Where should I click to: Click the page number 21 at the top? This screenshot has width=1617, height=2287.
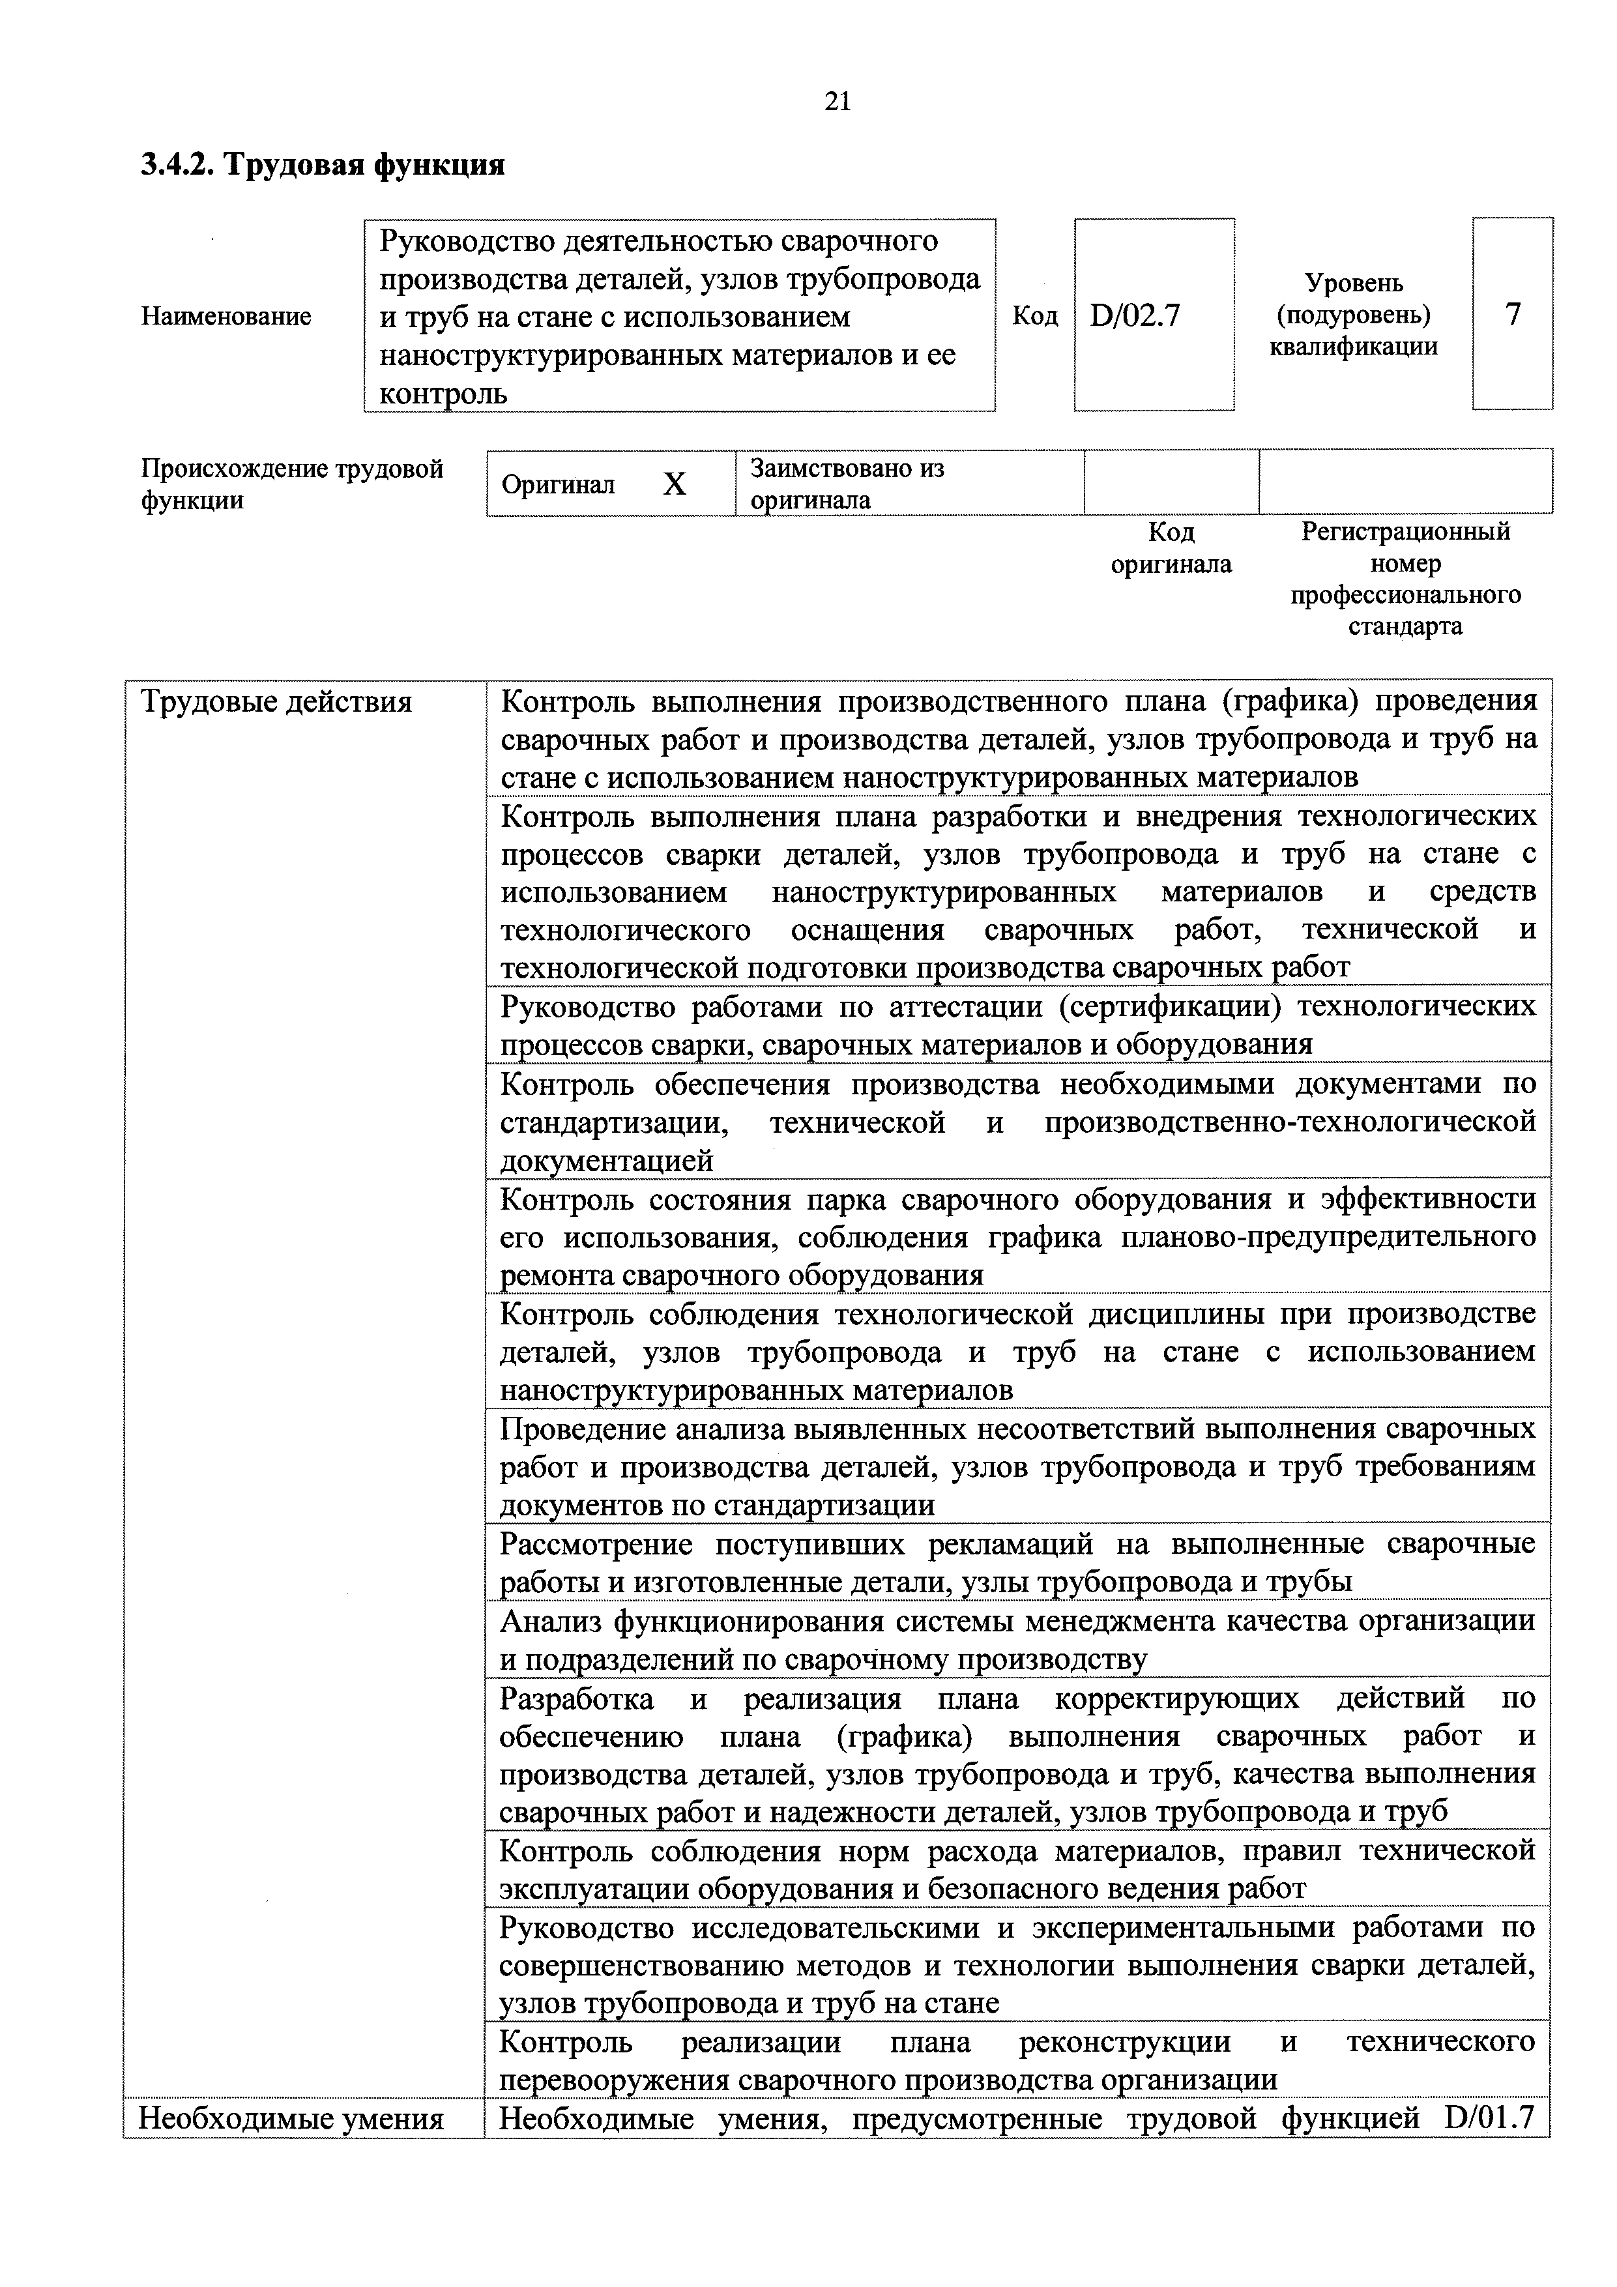pyautogui.click(x=838, y=100)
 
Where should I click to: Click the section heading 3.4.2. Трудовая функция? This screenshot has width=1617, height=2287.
pyautogui.click(x=323, y=164)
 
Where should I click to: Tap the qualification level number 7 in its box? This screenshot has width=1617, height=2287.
pyautogui.click(x=1512, y=315)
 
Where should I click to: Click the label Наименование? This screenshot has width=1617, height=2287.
pyautogui.click(x=226, y=317)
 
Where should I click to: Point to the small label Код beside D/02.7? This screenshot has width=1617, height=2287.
pyautogui.click(x=1035, y=315)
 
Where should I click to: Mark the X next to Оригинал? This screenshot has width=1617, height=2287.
pyautogui.click(x=675, y=484)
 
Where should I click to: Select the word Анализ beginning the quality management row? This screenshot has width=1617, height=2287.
pyautogui.click(x=552, y=1622)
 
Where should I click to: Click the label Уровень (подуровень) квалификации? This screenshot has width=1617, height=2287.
pyautogui.click(x=1353, y=315)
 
